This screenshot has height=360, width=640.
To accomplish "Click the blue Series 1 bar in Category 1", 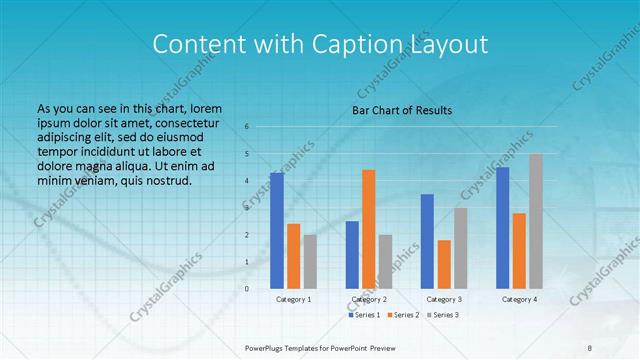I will tap(276, 230).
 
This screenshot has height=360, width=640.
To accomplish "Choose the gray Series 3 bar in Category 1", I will tap(310, 261).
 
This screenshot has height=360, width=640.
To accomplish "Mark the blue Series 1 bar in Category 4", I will tap(502, 227).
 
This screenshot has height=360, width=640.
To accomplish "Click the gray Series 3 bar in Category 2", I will tap(386, 261).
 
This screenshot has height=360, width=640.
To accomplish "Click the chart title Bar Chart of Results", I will tap(402, 110).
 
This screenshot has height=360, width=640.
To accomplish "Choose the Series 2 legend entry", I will tap(404, 315).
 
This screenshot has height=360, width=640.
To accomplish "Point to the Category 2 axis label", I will tap(369, 299).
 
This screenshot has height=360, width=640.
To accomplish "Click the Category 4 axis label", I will tap(519, 299).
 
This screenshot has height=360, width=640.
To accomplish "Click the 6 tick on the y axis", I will tap(246, 127).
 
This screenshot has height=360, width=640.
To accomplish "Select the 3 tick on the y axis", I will tap(246, 208).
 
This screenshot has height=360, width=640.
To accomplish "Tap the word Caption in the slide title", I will tap(357, 44).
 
